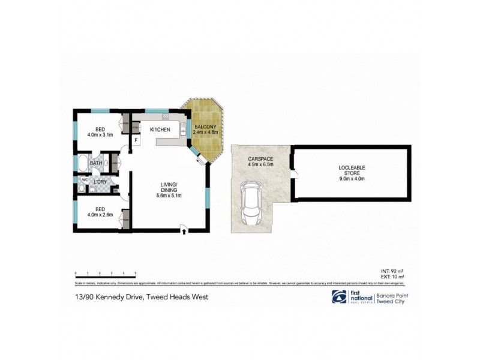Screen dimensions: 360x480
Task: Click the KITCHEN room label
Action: pyautogui.click(x=160, y=130)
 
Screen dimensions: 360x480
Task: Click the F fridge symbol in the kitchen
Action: pyautogui.click(x=136, y=140)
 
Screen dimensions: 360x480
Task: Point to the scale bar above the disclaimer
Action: pyautogui.click(x=106, y=273)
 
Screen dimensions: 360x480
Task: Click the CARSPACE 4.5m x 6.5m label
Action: pyautogui.click(x=260, y=161)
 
